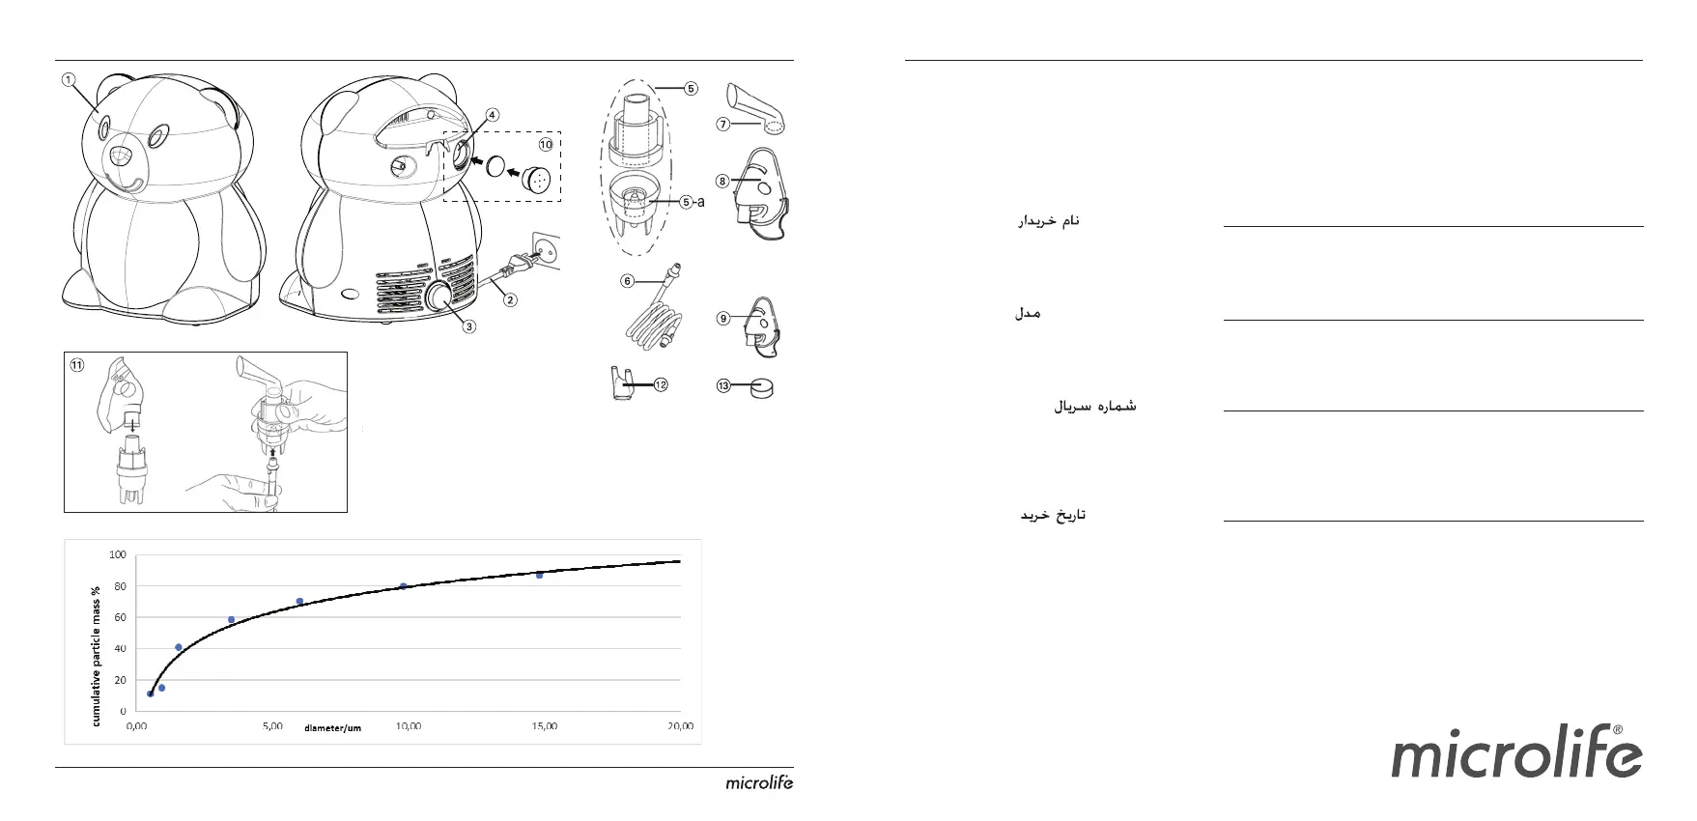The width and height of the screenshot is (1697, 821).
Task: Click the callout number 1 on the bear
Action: [x=69, y=80]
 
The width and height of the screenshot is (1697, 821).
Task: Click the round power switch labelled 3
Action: [x=443, y=297]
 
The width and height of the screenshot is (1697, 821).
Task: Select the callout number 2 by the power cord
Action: [x=510, y=299]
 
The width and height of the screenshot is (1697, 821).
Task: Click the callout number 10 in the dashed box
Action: [x=546, y=145]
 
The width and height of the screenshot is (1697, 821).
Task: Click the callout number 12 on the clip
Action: [x=661, y=384]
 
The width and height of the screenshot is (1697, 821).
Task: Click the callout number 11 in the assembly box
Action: [x=77, y=365]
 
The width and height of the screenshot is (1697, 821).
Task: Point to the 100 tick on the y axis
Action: [x=117, y=554]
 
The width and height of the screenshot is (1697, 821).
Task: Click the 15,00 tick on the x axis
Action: [x=544, y=726]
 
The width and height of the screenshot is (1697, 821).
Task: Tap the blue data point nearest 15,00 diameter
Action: [x=539, y=575]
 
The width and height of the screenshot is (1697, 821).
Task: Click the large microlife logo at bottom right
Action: [x=1515, y=757]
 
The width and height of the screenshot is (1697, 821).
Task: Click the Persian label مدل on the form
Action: [x=1028, y=314]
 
